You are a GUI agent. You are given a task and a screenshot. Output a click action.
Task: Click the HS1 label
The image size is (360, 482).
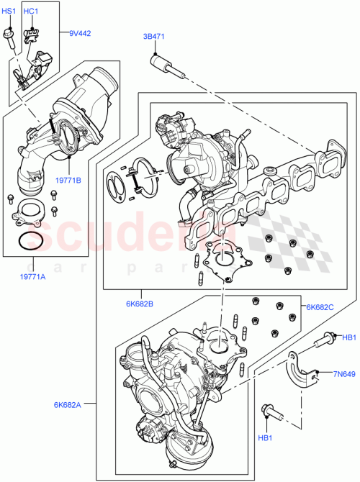coord(9,12)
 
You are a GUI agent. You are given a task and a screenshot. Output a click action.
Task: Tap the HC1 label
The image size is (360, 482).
coord(32,12)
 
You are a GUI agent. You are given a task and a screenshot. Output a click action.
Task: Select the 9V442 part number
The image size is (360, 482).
coord(81,33)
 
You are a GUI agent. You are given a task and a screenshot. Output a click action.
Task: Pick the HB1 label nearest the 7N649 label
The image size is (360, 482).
coord(348,337)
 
